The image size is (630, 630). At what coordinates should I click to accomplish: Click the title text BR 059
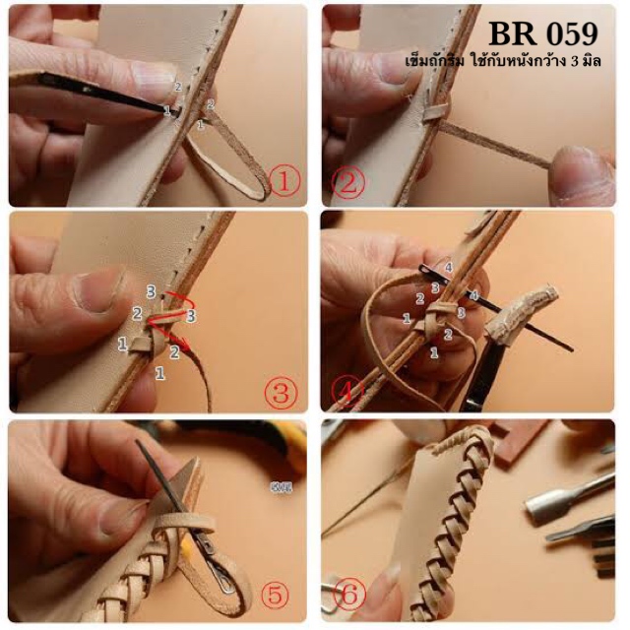tap(543, 34)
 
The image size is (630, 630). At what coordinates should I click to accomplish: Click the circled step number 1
tap(284, 182)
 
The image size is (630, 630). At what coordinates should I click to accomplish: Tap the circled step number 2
tap(348, 184)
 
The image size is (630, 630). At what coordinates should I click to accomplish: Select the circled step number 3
tap(281, 392)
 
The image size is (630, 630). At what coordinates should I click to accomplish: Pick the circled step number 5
tap(276, 596)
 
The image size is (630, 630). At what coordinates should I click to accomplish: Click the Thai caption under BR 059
tap(503, 61)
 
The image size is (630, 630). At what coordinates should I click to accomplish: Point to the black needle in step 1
tap(105, 94)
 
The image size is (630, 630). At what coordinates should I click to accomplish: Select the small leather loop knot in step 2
tap(435, 112)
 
